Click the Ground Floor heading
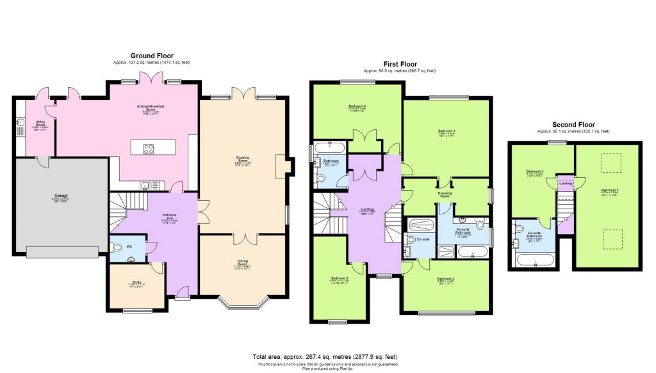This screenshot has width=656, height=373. [x=152, y=56]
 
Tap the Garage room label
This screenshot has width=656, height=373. [x=61, y=196]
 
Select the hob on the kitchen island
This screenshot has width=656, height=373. [x=148, y=148]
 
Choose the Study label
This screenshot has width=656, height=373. [x=136, y=282]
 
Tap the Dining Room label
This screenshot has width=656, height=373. [x=242, y=261]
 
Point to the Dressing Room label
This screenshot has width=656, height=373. [x=445, y=193]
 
